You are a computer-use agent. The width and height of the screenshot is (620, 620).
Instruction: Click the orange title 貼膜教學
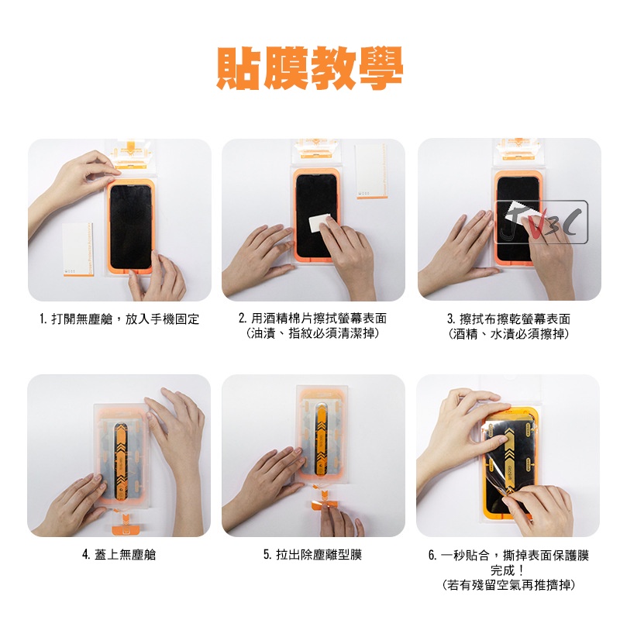point(309,68)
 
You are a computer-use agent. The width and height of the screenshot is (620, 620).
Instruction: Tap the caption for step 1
point(119,319)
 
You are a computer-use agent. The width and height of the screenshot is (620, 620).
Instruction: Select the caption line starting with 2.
point(312,319)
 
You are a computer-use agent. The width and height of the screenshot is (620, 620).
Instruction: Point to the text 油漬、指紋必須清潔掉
point(312,334)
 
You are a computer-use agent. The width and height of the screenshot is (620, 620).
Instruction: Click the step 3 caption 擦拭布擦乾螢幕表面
point(515,319)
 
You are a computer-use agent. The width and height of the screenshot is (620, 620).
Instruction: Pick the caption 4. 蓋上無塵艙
point(119,555)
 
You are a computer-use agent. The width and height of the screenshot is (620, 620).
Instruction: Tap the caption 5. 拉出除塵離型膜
point(313,555)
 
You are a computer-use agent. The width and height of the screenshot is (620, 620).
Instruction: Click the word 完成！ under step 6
point(508,570)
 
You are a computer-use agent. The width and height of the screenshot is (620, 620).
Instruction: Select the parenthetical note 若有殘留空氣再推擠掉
point(508,585)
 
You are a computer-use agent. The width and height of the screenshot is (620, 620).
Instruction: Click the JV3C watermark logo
point(541,222)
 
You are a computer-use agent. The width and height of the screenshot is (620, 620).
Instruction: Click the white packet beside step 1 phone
point(78,250)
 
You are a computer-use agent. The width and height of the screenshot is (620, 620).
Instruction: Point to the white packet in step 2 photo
point(371,171)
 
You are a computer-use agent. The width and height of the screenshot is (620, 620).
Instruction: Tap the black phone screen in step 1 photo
point(130,226)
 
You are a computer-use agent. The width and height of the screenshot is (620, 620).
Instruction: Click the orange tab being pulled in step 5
point(322,505)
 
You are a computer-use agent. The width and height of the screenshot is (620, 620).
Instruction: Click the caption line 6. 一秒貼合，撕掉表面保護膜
point(508,555)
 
